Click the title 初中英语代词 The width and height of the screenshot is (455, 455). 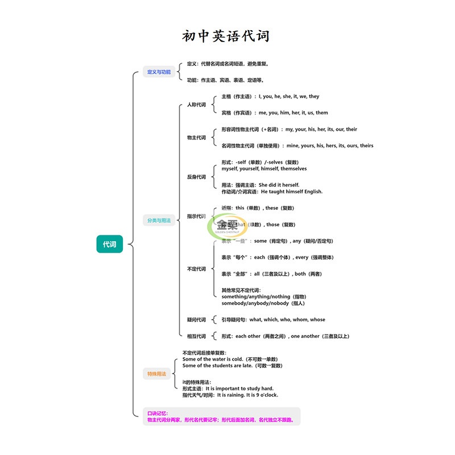[226, 36]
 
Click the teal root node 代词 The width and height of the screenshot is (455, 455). [109, 245]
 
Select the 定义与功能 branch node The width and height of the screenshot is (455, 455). [159, 72]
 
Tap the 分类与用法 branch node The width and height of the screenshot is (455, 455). [159, 220]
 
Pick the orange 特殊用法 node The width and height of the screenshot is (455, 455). [157, 374]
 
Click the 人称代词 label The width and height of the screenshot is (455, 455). [196, 105]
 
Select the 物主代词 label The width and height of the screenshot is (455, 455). [196, 138]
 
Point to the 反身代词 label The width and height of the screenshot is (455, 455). [196, 177]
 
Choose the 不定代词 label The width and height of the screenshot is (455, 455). [196, 269]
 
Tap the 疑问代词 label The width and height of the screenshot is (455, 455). [196, 320]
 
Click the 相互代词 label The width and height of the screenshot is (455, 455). [196, 336]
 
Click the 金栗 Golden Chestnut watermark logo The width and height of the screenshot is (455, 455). [227, 226]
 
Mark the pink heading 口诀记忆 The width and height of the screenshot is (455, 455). [157, 413]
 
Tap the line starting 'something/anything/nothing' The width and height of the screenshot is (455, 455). [264, 297]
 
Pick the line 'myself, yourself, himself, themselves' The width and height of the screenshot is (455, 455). [264, 169]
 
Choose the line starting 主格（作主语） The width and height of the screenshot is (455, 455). [270, 97]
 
